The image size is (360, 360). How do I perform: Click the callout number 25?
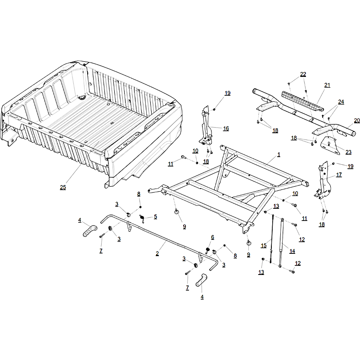pos(63,187)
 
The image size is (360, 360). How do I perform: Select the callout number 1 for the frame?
pos(279,155)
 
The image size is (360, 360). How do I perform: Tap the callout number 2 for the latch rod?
pos(157,254)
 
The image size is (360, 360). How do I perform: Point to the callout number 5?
pos(155,217)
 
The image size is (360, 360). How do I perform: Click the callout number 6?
pos(212,238)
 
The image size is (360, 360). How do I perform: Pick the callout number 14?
pos(292,251)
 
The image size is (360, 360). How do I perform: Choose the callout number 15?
pos(264,246)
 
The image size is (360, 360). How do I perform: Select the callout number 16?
pos(226,129)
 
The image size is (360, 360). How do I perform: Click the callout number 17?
pos(339,175)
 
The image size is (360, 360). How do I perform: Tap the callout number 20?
pos(357,121)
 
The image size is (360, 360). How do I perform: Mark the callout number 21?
pos(328,85)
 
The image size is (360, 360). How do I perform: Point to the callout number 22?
pos(303,74)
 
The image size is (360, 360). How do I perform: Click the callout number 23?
pos(348,152)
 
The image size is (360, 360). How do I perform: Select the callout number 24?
pos(341,102)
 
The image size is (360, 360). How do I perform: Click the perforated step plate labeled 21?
pos(302,101)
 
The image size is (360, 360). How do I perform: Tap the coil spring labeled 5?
pos(142,218)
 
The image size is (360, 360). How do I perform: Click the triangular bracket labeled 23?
pos(330,145)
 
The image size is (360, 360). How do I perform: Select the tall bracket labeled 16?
pos(206,126)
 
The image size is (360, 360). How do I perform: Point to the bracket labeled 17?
pos(323,180)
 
